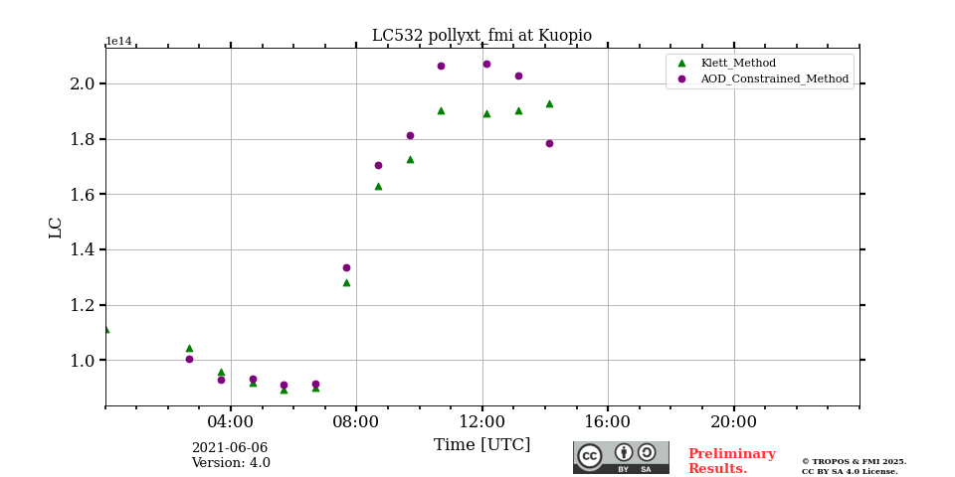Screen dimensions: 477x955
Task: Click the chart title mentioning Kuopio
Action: [x=481, y=36]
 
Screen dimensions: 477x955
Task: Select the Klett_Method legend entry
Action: [x=737, y=63]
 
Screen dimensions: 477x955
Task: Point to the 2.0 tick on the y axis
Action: [x=82, y=83]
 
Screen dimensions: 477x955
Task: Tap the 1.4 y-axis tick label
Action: [x=82, y=249]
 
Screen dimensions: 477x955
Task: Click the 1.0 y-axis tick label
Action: [x=82, y=361]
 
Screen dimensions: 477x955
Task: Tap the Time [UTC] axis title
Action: [x=481, y=444]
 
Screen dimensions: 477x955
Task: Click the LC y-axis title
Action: [x=56, y=228]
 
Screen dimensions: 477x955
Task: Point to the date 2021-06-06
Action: [x=230, y=448]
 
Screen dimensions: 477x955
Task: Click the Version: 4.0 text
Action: [x=231, y=463]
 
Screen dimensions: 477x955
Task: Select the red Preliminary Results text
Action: [x=731, y=461]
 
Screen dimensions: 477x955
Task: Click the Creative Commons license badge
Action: [x=621, y=457]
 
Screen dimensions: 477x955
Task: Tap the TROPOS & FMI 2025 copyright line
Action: [x=854, y=461]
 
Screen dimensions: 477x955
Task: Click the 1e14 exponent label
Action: [x=118, y=42]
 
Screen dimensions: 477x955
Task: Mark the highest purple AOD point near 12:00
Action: [x=486, y=64]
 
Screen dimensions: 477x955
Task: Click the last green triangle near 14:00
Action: [x=549, y=103]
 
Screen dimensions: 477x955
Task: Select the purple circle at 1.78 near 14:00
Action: [x=549, y=143]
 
